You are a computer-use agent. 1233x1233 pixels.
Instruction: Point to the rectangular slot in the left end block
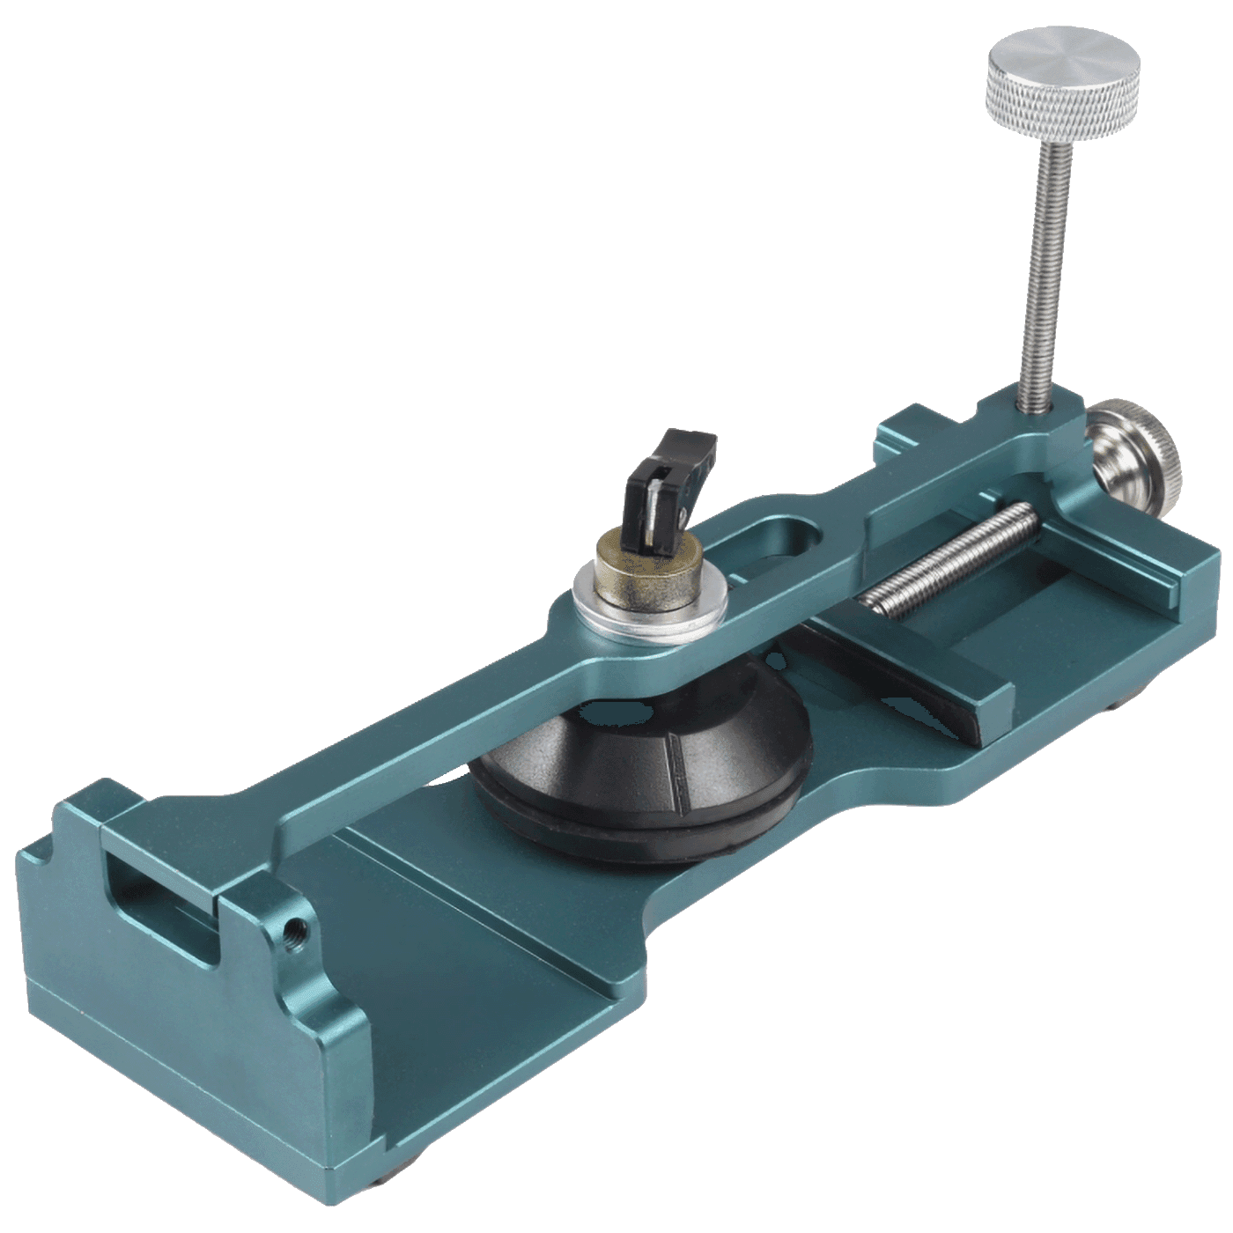(x=159, y=907)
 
